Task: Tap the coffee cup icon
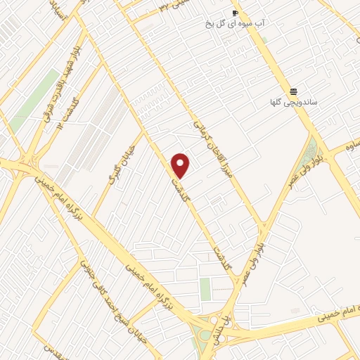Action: (235, 13)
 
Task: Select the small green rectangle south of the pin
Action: (205, 288)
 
